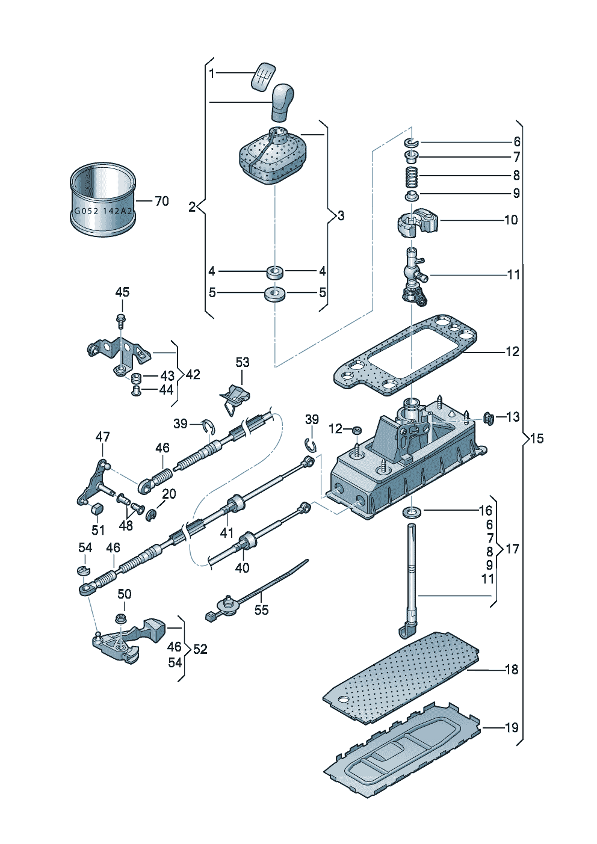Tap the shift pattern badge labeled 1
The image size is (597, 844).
(263, 77)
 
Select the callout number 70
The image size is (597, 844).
(162, 201)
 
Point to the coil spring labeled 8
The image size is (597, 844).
(412, 176)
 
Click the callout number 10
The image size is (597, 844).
(511, 220)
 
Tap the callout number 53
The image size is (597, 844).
(243, 362)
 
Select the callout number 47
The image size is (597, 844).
(102, 437)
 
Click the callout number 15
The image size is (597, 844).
(537, 438)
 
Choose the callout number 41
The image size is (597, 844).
(226, 533)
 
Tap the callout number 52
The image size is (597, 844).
(200, 649)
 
